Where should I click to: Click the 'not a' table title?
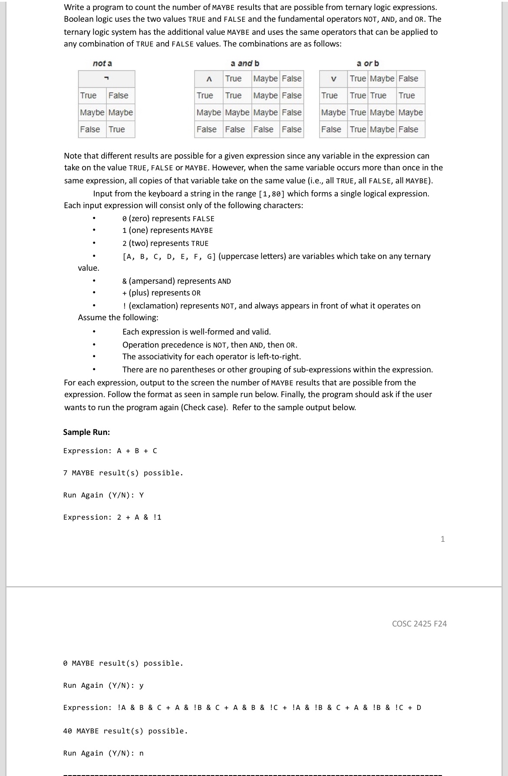pyautogui.click(x=102, y=63)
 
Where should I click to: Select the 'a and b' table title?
pyautogui.click(x=245, y=63)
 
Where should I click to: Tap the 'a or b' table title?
pyautogui.click(x=368, y=63)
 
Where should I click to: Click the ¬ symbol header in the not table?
pyautogui.click(x=106, y=79)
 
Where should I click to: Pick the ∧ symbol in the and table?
pyautogui.click(x=209, y=79)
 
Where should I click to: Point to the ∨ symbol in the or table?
pyautogui.click(x=333, y=79)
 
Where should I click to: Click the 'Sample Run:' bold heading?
pyautogui.click(x=86, y=432)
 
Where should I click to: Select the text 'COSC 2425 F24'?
pyautogui.click(x=419, y=623)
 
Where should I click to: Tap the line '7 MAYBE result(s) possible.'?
pyautogui.click(x=123, y=473)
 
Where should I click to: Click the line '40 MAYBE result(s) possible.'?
pyautogui.click(x=125, y=731)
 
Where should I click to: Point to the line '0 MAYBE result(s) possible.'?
pyautogui.click(x=123, y=663)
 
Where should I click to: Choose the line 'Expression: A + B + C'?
pyautogui.click(x=110, y=451)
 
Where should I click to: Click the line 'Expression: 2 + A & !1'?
pyautogui.click(x=112, y=517)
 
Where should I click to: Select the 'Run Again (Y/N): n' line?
pyautogui.click(x=103, y=753)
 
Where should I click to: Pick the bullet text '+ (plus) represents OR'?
pyautogui.click(x=162, y=293)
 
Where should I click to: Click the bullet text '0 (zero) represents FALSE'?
pyautogui.click(x=168, y=219)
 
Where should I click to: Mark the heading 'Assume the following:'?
pyautogui.click(x=118, y=318)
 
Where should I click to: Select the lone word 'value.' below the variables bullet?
pyautogui.click(x=89, y=268)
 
